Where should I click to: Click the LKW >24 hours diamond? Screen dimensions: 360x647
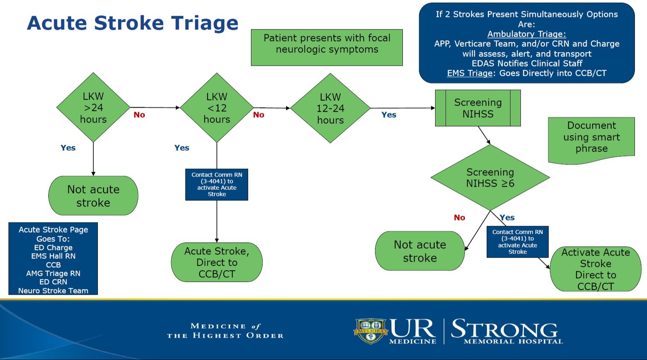point(93,108)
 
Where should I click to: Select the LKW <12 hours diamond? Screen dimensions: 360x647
point(217,108)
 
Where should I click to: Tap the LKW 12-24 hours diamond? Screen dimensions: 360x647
point(330,108)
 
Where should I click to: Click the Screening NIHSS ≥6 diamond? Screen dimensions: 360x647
point(490,177)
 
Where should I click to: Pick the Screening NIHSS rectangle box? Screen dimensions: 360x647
point(478,108)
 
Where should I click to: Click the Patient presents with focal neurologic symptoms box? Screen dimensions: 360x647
point(327,47)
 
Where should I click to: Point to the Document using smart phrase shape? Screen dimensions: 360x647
point(591,138)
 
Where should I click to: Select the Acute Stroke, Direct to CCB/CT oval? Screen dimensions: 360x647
point(217,262)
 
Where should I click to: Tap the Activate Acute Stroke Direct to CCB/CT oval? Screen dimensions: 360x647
point(595,269)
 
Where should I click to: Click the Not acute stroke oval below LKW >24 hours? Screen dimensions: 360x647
point(93,196)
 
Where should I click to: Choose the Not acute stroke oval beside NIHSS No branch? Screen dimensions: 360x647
point(420,251)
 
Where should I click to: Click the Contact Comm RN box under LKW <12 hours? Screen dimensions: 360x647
point(217,184)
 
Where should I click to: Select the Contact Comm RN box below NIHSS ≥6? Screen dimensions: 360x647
point(517,241)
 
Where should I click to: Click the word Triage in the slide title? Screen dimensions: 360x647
point(204,23)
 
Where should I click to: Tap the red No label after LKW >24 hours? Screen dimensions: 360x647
point(139,115)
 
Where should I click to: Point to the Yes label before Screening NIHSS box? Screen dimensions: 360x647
point(389,115)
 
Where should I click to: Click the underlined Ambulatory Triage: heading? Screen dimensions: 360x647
point(526,34)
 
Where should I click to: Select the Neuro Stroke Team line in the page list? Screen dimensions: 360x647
point(53,291)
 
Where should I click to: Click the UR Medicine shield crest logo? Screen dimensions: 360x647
point(370,331)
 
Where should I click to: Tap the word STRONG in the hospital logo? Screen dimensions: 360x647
point(504,329)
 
